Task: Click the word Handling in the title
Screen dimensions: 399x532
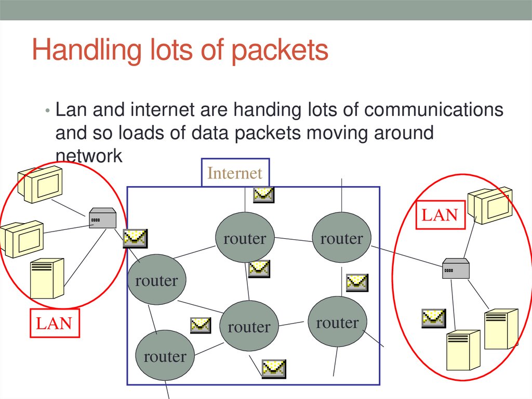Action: click(x=78, y=50)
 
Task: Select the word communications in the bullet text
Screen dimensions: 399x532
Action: click(x=434, y=110)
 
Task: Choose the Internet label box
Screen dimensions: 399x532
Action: click(x=235, y=173)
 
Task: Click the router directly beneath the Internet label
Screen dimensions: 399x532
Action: click(x=244, y=238)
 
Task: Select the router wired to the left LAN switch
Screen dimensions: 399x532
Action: click(x=156, y=280)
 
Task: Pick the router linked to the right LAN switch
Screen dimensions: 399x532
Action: click(x=341, y=238)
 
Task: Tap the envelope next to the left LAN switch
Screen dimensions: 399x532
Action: click(x=135, y=238)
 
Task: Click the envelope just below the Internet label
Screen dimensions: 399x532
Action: click(x=263, y=195)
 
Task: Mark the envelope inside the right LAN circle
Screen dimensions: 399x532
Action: click(x=433, y=317)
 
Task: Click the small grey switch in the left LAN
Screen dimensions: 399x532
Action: click(x=102, y=218)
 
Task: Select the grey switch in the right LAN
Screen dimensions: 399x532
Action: click(x=456, y=268)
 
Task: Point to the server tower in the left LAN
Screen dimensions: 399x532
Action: click(x=47, y=279)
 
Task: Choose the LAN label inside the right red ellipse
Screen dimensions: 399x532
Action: click(x=440, y=215)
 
